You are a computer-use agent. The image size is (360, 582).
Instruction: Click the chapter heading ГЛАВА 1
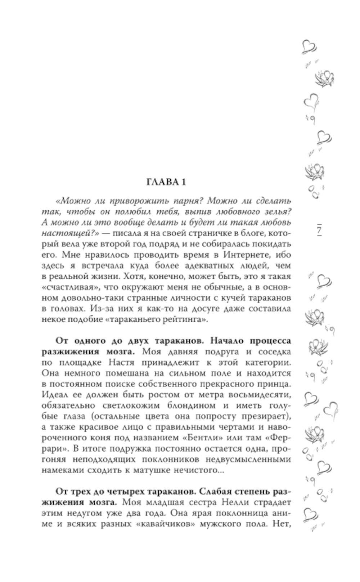(166, 182)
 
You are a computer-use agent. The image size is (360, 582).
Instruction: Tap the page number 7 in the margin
(319, 229)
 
